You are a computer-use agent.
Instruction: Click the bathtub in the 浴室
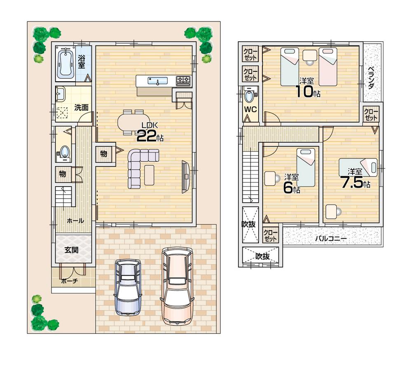[66, 63]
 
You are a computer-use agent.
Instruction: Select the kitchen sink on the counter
[157, 81]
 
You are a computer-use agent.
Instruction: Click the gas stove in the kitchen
[183, 80]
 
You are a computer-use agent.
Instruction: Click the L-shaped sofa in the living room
[138, 167]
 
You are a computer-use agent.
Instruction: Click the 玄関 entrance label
[72, 250]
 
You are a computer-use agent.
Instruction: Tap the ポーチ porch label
[70, 281]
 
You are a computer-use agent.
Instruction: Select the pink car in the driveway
[177, 285]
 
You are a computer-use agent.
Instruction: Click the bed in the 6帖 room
[305, 167]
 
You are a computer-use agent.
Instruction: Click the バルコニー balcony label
[331, 238]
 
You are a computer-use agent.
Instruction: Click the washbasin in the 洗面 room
[61, 94]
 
